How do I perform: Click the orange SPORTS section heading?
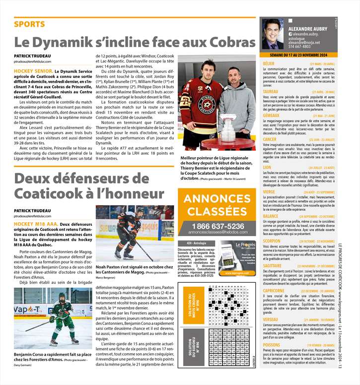click(30, 24)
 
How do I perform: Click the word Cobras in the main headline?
click(227, 43)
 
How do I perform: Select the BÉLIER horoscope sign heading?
click(269, 64)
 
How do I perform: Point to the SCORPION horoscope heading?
click(272, 241)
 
